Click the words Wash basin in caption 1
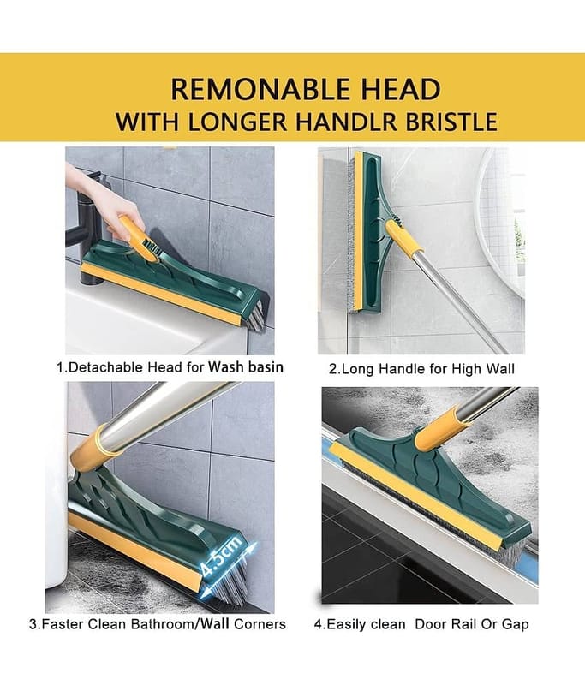(x=246, y=366)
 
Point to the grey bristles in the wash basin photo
(x=255, y=313)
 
